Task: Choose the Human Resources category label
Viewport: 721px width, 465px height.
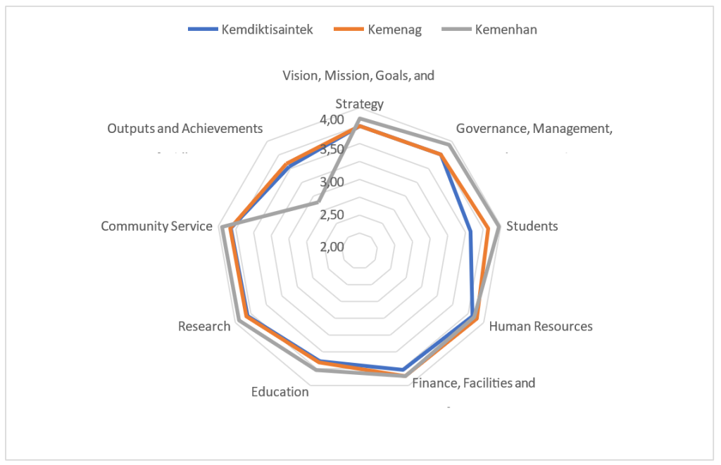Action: point(541,326)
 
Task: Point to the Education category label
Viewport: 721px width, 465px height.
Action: point(280,392)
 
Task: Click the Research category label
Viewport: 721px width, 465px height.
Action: point(204,326)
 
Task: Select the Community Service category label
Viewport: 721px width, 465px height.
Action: point(156,226)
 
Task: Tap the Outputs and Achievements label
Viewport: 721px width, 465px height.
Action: point(185,129)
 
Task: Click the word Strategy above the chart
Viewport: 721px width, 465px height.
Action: point(359,104)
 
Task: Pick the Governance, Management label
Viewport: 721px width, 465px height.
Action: point(532,129)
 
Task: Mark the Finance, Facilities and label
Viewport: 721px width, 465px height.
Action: point(473,383)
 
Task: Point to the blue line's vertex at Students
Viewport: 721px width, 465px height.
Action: point(470,231)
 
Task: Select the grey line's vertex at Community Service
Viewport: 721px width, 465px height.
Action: point(222,227)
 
